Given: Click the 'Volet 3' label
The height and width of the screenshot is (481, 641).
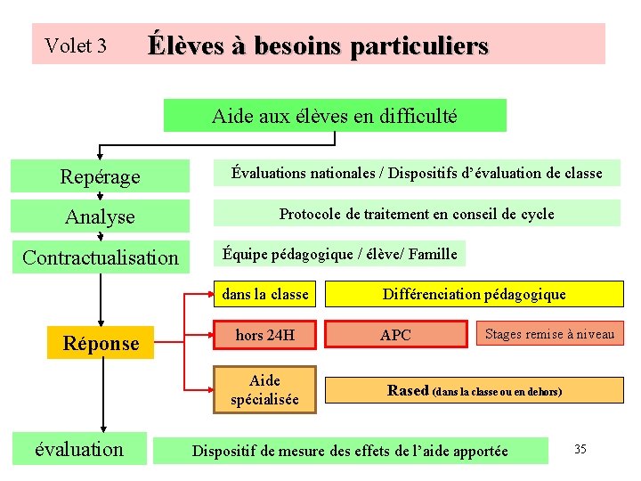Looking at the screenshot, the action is click(76, 45).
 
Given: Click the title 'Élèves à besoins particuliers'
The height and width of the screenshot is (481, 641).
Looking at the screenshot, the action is click(318, 45).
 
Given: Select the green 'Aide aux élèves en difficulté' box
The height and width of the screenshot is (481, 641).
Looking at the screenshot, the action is click(335, 116).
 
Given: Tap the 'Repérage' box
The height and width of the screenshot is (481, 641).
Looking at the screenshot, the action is click(100, 176).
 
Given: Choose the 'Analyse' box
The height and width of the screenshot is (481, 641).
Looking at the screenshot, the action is click(100, 216).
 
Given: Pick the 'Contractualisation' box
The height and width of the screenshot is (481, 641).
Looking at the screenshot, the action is click(100, 257).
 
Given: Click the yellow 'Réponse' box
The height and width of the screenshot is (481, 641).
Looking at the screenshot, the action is click(101, 343).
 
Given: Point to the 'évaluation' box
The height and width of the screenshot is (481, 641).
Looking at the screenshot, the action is click(79, 449).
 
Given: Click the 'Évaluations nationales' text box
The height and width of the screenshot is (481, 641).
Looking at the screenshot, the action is click(417, 173).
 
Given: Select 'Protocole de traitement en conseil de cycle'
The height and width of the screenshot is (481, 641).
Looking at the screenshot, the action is click(417, 214).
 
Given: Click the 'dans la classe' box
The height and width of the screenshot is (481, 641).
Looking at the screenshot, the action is click(265, 294).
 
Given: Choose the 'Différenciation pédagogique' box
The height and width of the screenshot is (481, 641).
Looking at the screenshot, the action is click(474, 294).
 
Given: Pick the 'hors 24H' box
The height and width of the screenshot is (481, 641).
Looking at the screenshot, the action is click(265, 335).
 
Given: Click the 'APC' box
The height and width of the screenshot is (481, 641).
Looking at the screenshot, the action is click(395, 335).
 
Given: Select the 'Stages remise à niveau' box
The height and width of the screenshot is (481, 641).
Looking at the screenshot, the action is click(549, 334).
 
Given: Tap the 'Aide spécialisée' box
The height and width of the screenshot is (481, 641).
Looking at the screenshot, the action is click(265, 390).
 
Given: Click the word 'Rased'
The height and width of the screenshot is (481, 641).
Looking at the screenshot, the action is click(408, 390).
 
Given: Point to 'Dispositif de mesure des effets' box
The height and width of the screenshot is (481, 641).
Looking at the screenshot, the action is click(350, 451).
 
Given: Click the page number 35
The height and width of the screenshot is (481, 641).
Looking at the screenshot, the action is click(580, 449).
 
